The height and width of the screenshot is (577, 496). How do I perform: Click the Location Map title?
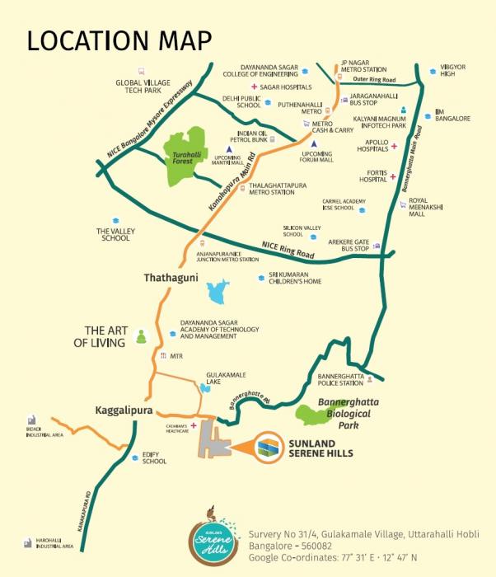click(x=119, y=40)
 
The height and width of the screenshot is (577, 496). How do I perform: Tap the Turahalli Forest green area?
click(x=185, y=152)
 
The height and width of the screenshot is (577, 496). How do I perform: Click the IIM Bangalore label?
click(x=452, y=115)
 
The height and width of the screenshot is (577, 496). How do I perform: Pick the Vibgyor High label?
click(x=447, y=69)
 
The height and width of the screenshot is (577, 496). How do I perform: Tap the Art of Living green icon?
click(x=140, y=336)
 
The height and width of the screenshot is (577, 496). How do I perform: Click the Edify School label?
click(x=154, y=457)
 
